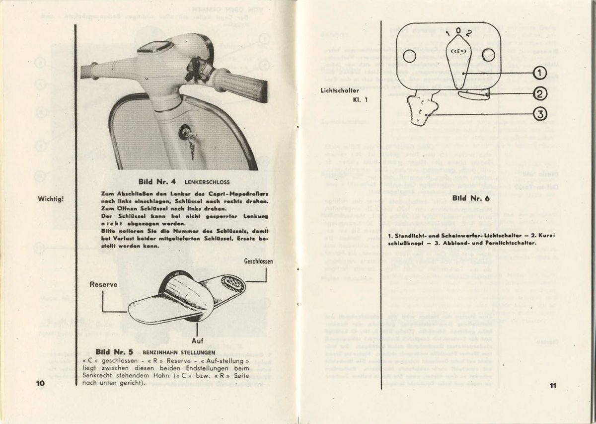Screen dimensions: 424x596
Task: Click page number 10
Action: (40, 383)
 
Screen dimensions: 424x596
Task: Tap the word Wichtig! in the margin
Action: (51, 200)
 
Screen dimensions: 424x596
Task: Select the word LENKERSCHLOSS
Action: (208, 182)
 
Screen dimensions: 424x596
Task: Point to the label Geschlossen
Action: (258, 261)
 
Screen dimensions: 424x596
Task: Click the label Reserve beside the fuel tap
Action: (103, 284)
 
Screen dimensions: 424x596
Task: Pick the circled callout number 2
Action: (540, 93)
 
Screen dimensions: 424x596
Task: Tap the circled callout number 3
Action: (540, 115)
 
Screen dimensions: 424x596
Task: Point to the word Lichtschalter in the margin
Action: (340, 90)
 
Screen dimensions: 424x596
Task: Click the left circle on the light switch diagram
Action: (409, 56)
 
